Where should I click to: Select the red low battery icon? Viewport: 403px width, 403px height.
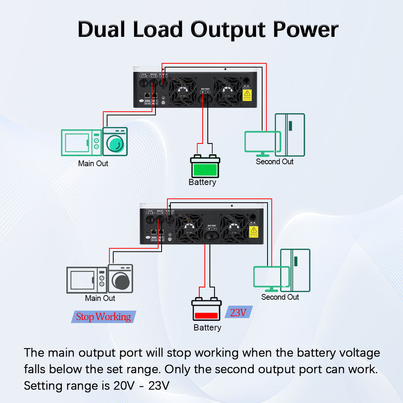(206, 310)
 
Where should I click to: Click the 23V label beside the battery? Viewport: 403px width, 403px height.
(238, 312)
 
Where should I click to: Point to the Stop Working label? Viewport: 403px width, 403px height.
(104, 317)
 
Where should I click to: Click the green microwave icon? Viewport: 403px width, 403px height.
(81, 142)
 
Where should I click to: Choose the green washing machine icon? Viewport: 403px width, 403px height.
(115, 142)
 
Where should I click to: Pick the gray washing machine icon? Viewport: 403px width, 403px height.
(121, 279)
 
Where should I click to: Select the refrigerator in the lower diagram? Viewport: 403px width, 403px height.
(295, 270)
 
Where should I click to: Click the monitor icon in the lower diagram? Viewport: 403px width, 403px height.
(271, 278)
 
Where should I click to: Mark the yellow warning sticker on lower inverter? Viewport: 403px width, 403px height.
(253, 231)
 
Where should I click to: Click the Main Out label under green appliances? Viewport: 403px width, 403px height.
(93, 164)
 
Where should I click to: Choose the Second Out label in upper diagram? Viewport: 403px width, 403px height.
(274, 162)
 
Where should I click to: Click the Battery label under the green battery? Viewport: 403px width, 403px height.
(202, 182)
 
